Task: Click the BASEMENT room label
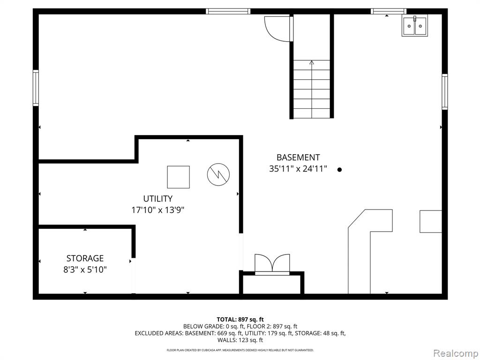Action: click(298, 157)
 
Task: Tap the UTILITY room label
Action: click(158, 199)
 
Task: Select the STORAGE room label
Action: click(85, 258)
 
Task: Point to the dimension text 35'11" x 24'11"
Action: click(298, 169)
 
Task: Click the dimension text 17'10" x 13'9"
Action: click(158, 210)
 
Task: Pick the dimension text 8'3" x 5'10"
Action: click(85, 270)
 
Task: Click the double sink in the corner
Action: click(414, 26)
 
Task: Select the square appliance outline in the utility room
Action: click(179, 177)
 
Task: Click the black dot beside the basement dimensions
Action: click(339, 169)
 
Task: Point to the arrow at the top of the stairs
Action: click(312, 62)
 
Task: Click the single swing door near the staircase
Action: click(277, 29)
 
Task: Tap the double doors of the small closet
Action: click(272, 264)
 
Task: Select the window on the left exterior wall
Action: click(36, 88)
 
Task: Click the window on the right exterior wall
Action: click(444, 91)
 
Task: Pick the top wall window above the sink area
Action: click(389, 11)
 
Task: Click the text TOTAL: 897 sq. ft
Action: click(240, 320)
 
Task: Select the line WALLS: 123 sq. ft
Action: click(240, 340)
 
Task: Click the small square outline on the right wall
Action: click(431, 221)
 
